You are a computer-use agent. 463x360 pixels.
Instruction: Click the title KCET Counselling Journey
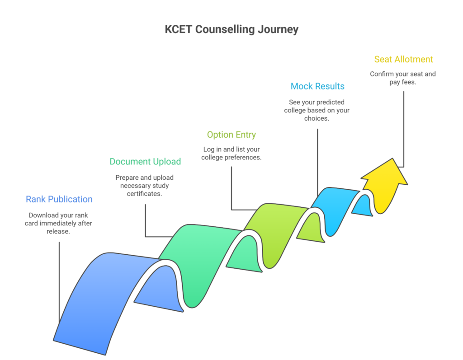coord(231,30)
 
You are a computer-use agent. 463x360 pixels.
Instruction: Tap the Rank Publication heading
coord(59,199)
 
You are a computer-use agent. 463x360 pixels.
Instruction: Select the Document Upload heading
coord(145,162)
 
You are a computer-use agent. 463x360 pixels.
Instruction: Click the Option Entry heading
coord(231,135)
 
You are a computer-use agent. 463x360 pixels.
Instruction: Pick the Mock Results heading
coord(317,86)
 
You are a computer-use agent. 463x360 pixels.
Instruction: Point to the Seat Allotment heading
coord(403,59)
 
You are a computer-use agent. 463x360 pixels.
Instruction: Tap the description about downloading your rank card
coord(58,223)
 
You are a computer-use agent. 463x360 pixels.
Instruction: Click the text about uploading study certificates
coord(145,185)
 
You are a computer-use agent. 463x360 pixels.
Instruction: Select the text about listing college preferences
coord(231,154)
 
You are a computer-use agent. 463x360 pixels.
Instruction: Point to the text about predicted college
coord(317,110)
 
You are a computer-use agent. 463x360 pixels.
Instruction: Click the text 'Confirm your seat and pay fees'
coord(403,78)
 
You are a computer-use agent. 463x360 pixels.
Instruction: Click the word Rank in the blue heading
coord(36,199)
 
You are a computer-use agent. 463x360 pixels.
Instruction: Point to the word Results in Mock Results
coord(330,86)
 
